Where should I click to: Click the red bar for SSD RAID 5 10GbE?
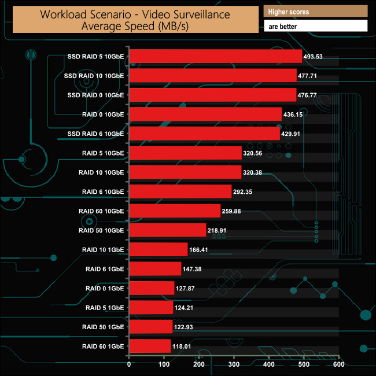click(x=215, y=56)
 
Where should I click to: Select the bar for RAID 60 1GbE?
click(x=150, y=346)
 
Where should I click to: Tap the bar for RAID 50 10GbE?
click(x=167, y=230)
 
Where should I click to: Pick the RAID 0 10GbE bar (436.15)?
click(x=205, y=114)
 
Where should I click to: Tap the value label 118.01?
click(x=184, y=347)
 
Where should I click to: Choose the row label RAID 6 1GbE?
click(x=104, y=269)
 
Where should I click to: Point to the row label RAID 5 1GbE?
click(x=104, y=308)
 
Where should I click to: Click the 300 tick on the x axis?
click(x=234, y=365)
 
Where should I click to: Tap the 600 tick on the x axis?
click(x=339, y=365)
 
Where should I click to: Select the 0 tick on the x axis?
click(x=129, y=365)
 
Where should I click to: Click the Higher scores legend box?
click(x=315, y=12)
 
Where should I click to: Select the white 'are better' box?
click(x=315, y=26)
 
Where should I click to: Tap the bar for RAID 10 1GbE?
click(x=158, y=250)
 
